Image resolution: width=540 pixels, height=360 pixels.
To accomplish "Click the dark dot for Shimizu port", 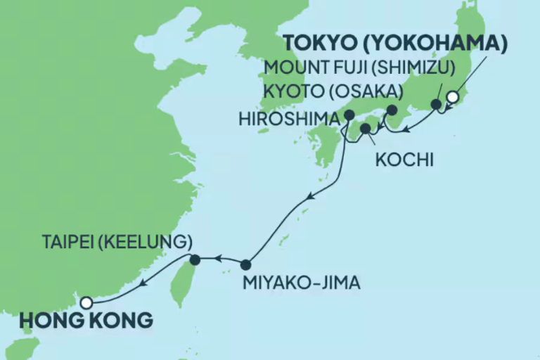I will (436, 105).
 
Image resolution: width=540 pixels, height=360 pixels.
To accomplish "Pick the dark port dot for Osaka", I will (392, 110).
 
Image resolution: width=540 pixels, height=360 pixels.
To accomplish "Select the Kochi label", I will (399, 161).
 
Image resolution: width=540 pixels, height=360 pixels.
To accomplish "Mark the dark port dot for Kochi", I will (365, 128).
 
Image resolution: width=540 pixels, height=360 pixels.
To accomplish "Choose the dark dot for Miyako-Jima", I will (245, 265).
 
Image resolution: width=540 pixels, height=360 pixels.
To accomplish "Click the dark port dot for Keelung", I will (195, 259).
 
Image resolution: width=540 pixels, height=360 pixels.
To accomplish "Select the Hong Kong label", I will (86, 320).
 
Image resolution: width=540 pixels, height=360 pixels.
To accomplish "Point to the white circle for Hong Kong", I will (86, 302).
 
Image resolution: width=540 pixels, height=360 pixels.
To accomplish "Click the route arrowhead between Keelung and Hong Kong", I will (144, 284).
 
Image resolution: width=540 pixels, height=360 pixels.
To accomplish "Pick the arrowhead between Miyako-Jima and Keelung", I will (219, 259).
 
